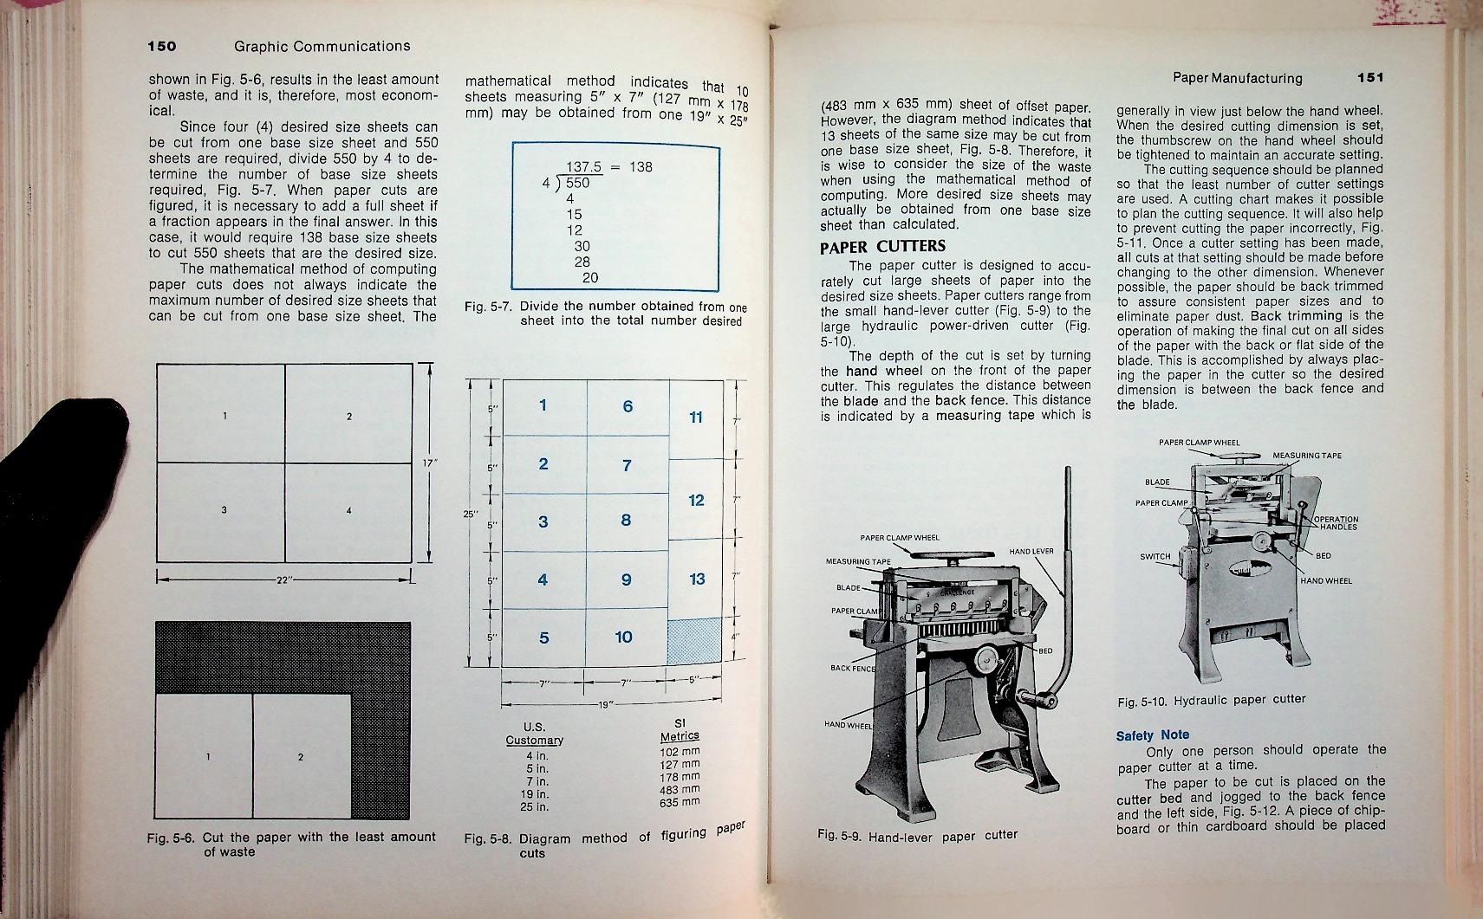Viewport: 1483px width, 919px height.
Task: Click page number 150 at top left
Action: coord(161,46)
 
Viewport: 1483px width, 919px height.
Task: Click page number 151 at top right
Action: coord(1371,78)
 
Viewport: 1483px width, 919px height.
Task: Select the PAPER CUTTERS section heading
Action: coord(882,247)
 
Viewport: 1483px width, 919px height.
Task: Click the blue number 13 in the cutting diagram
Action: coord(697,579)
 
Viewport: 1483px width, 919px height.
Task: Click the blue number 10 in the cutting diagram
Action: coord(623,637)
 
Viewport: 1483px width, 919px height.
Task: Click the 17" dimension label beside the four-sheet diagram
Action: coord(428,463)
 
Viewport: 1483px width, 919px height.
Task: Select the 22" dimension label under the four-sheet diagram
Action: coord(283,579)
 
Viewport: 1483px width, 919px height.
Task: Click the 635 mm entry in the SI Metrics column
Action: coord(679,801)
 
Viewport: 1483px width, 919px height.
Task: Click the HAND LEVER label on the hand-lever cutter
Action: coord(1031,552)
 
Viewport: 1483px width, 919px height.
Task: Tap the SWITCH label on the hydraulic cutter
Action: coord(1155,557)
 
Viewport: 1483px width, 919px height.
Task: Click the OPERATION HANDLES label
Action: coord(1337,523)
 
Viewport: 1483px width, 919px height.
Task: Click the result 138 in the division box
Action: coord(641,167)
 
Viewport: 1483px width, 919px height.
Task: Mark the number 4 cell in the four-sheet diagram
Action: coord(348,511)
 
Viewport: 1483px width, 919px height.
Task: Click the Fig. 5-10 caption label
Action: coord(1142,702)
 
